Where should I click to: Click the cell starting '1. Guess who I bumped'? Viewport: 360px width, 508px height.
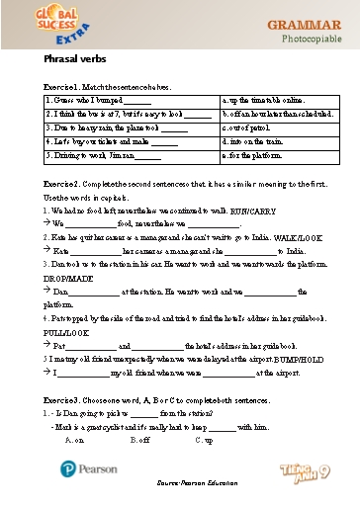(99, 100)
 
